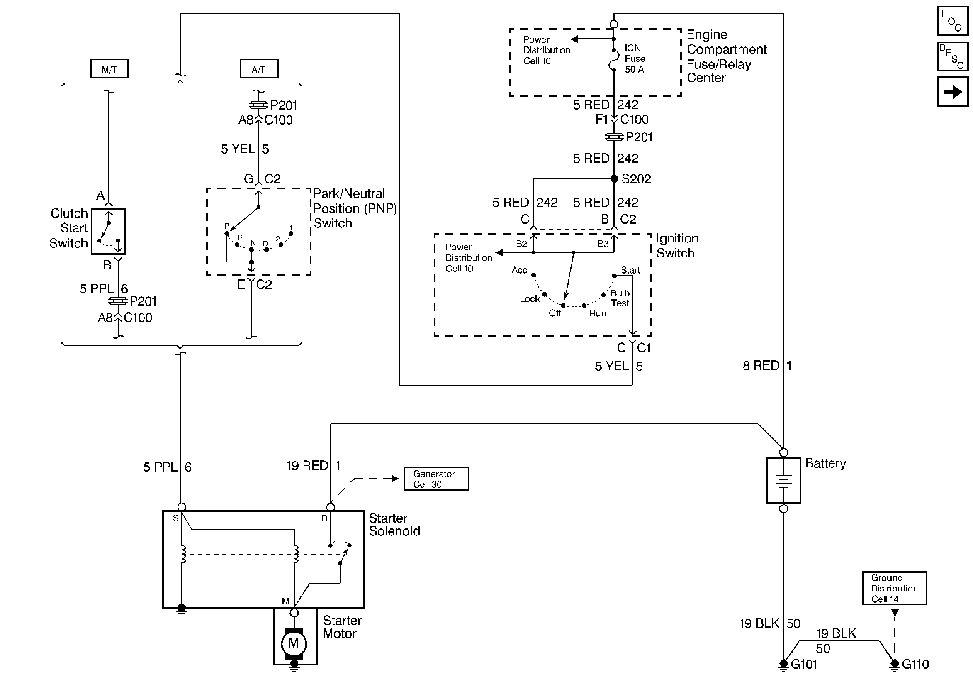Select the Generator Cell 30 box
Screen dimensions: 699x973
point(436,478)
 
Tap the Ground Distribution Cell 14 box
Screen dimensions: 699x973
point(894,588)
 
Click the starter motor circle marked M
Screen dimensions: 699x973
point(294,643)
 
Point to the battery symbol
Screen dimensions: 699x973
point(783,480)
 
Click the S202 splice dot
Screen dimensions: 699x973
point(614,178)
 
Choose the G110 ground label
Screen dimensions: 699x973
point(915,664)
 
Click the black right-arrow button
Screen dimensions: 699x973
point(952,91)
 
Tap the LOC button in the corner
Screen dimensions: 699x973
point(952,21)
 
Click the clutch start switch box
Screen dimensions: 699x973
point(109,232)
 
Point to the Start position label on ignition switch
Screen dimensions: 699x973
point(630,270)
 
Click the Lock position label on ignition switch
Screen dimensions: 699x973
point(529,299)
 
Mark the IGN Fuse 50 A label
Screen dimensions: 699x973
point(635,59)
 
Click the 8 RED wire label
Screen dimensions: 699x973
point(761,365)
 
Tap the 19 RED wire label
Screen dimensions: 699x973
point(307,465)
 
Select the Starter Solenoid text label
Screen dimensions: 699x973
point(394,525)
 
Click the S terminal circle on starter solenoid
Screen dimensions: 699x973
point(182,507)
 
